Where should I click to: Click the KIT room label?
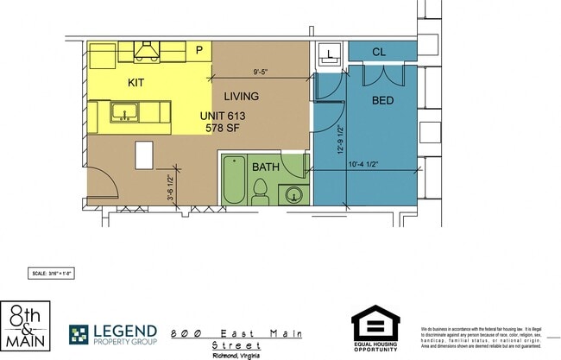pos(136,83)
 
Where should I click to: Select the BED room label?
pos(382,101)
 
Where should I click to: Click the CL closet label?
pos(378,53)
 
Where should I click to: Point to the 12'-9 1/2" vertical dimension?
pos(341,136)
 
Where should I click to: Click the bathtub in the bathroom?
pos(234,179)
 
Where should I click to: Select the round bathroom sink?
pos(294,193)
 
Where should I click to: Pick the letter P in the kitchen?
pos(199,51)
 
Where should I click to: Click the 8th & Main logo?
pos(27,326)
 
